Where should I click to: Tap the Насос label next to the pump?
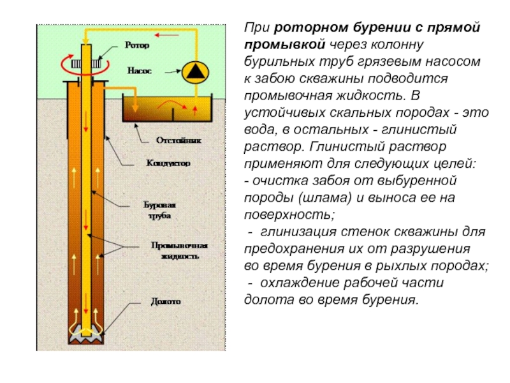pyautogui.click(x=139, y=71)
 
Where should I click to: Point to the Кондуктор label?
pyautogui.click(x=168, y=163)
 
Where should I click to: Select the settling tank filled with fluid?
pyautogui.click(x=167, y=109)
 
